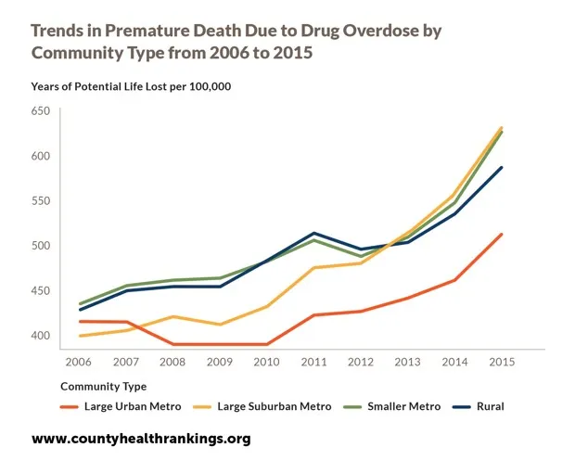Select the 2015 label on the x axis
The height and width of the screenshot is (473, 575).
[x=501, y=360]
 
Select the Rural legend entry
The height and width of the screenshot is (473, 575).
[x=492, y=405]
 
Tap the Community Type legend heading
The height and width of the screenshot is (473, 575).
[x=103, y=385]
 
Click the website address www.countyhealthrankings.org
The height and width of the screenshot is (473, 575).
[x=141, y=439]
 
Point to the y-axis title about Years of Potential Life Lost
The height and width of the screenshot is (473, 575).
[x=131, y=87]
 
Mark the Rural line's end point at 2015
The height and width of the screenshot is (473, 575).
[x=502, y=168]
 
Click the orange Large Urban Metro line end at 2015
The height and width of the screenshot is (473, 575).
[x=502, y=234]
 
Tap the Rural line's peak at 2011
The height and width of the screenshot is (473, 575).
[x=314, y=233]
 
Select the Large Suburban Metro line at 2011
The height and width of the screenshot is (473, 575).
[x=314, y=268]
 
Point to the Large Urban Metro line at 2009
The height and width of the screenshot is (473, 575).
[x=219, y=344]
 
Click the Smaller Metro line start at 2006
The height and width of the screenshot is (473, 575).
[x=81, y=303]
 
